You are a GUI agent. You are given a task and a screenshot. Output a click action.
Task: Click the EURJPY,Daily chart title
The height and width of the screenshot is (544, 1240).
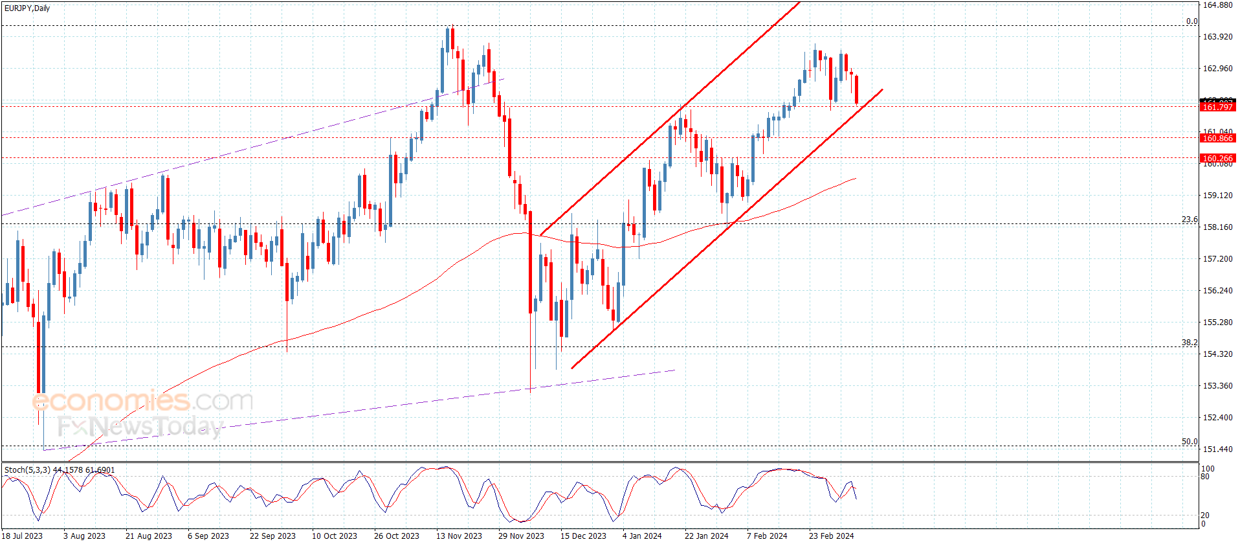click(x=27, y=8)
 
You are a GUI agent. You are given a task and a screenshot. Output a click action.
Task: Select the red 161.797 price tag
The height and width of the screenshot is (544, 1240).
click(x=1217, y=107)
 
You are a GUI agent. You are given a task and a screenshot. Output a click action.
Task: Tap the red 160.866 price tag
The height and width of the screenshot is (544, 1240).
click(x=1217, y=138)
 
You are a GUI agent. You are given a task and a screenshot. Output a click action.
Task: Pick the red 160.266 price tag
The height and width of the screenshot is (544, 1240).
click(x=1217, y=158)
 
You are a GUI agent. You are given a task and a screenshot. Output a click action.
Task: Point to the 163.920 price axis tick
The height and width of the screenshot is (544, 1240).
click(x=1217, y=37)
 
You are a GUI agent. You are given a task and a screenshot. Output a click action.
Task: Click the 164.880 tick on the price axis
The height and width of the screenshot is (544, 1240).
click(x=1217, y=5)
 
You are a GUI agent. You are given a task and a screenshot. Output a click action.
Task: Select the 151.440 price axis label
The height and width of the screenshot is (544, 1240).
click(x=1217, y=449)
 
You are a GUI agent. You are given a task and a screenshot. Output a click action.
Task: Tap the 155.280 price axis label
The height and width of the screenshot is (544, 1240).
click(x=1217, y=322)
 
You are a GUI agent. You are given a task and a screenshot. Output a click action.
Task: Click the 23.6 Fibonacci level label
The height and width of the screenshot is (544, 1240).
click(x=1190, y=220)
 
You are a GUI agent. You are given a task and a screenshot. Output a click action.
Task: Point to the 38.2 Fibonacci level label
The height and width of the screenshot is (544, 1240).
click(x=1190, y=343)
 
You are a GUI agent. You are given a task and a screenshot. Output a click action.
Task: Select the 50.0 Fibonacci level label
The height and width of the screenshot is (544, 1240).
click(x=1190, y=442)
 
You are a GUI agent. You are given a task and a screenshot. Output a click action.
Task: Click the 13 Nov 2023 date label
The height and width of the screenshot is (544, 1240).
click(x=459, y=536)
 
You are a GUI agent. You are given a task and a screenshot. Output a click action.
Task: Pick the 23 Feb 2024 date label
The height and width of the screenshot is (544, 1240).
click(x=831, y=536)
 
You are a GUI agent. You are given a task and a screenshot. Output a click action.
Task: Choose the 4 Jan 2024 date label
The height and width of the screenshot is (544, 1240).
click(x=642, y=536)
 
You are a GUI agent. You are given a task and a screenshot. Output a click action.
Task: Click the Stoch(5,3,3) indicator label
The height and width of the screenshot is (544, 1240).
click(x=27, y=470)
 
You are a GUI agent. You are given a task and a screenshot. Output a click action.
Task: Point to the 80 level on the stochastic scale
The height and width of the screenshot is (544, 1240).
click(x=1205, y=477)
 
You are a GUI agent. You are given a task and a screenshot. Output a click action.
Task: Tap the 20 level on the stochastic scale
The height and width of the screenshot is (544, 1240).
click(x=1205, y=516)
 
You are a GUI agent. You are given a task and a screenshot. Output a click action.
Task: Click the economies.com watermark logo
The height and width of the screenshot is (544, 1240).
click(x=142, y=401)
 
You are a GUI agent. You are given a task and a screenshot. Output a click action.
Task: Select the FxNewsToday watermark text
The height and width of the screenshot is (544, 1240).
click(x=140, y=427)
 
